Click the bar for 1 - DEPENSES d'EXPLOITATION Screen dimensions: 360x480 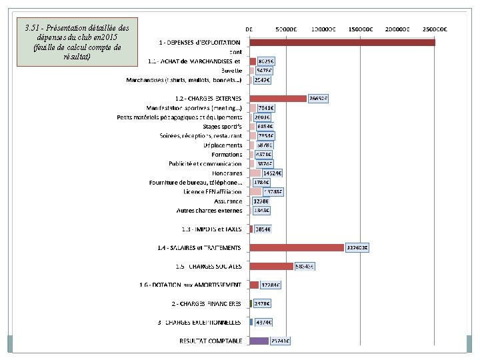coord(341,43)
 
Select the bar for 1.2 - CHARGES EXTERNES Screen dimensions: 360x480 coord(278,99)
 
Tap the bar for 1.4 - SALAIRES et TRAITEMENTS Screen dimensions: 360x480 coord(297,247)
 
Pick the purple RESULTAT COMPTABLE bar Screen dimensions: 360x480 coord(259,341)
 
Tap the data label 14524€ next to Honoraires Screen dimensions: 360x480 coord(271,173)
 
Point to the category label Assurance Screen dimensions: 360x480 coord(228,201)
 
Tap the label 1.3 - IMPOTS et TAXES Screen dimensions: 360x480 coord(212,229)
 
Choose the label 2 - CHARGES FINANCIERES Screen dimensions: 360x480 coord(207,303)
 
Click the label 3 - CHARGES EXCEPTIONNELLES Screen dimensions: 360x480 coord(200,322)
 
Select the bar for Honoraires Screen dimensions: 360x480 coord(255,173)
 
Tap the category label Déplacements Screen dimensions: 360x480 coord(223,145)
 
